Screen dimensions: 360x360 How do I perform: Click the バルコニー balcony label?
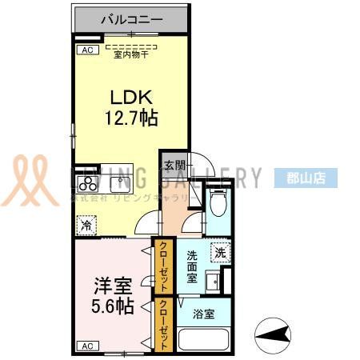click(132, 18)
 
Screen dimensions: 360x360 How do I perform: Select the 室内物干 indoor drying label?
click(132, 54)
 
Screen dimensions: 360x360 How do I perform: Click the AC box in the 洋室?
click(86, 346)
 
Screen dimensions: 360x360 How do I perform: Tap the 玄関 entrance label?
click(174, 166)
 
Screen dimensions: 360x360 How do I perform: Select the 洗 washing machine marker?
click(219, 252)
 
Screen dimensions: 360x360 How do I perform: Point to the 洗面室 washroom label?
click(192, 266)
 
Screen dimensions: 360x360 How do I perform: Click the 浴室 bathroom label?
click(204, 314)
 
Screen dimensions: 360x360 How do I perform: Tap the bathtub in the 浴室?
click(204, 339)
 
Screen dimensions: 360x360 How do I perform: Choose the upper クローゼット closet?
click(163, 266)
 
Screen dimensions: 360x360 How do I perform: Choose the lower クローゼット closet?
click(163, 325)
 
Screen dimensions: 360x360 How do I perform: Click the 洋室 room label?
click(112, 284)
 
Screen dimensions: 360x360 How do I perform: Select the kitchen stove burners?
click(86, 178)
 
